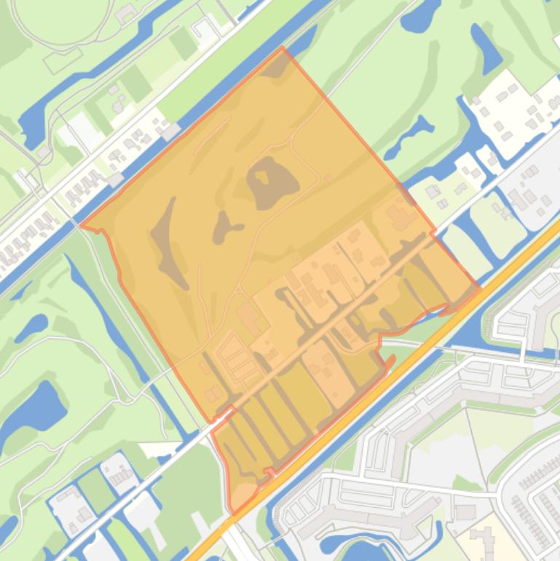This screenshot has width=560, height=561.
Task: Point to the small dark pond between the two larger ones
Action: pos(224,228)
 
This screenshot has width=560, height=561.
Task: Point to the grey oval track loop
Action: pos(62,22)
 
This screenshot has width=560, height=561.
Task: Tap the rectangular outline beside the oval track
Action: pos(62,60)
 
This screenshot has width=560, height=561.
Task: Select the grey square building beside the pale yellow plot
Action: pos(465,512)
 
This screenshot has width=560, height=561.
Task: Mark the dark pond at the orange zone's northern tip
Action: pos(275,69)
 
